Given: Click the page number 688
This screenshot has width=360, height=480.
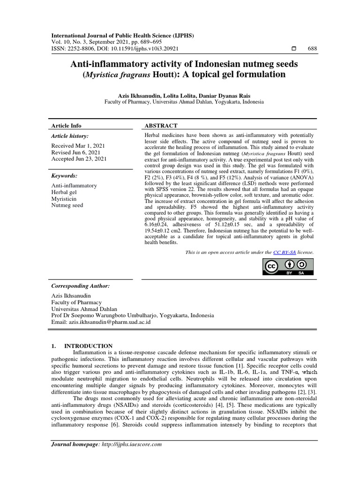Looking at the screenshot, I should click(312, 49).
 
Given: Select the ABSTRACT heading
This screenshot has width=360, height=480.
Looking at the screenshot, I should click(161, 126).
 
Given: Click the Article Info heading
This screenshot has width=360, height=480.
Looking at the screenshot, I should click(66, 126).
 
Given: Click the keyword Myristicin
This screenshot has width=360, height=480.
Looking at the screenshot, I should click(64, 199).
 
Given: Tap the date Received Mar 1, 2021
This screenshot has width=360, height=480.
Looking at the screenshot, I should click(78, 146).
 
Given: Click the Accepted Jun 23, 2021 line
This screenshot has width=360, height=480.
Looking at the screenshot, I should click(79, 159).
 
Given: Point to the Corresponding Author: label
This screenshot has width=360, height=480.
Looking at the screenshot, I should click(80, 285).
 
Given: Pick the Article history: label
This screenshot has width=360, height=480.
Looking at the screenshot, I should click(70, 136).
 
